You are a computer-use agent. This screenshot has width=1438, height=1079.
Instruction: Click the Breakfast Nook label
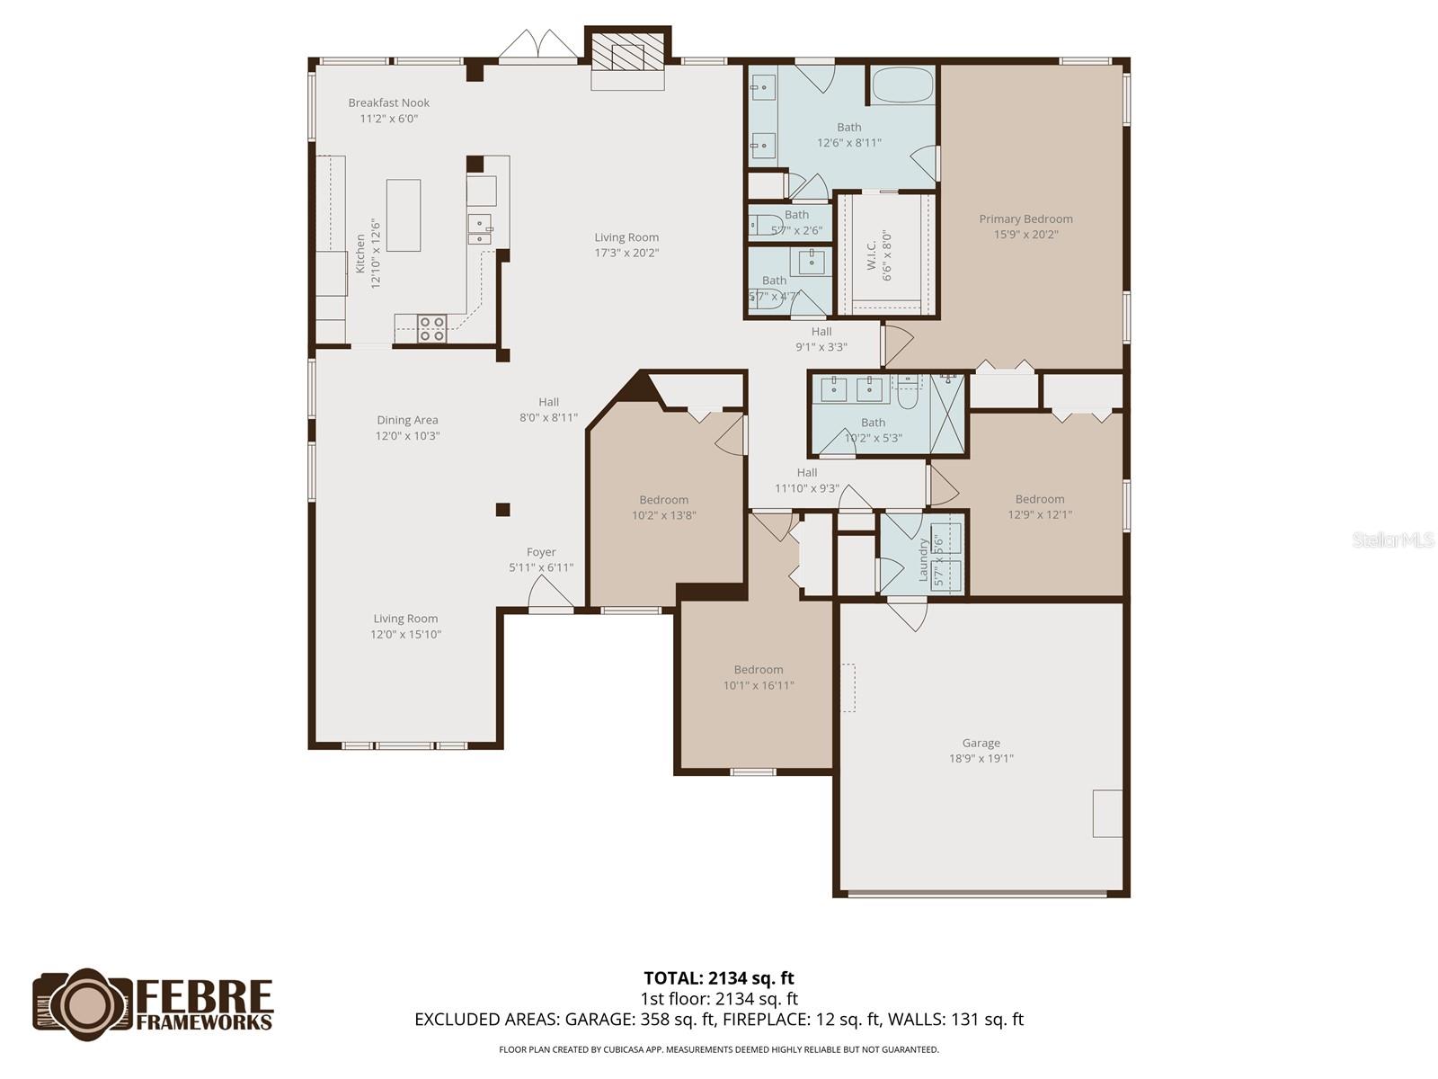[389, 103]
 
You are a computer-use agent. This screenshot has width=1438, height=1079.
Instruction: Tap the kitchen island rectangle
[404, 216]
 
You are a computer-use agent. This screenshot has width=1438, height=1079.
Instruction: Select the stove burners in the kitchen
[432, 328]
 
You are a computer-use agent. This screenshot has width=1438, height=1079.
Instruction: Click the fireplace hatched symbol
[628, 58]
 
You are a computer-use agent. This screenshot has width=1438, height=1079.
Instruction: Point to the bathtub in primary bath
[902, 87]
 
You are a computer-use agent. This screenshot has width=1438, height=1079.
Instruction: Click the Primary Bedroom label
[1025, 219]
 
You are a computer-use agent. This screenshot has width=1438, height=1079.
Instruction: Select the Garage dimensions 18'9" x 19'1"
[981, 759]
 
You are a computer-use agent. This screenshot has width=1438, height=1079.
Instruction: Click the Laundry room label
[923, 559]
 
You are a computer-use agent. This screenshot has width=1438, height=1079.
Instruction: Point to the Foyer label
[541, 553]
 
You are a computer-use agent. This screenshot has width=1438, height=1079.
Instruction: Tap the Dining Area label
[407, 421]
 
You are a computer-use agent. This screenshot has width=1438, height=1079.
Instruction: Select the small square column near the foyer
[502, 510]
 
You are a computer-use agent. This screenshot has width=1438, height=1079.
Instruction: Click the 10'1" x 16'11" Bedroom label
[759, 670]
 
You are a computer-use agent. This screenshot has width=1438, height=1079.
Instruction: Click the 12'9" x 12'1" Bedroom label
[1040, 500]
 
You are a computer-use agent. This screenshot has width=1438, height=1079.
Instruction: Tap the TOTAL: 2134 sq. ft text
[719, 978]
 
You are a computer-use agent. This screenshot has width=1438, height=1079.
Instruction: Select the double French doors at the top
[538, 47]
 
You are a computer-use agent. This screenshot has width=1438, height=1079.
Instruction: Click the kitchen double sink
[480, 228]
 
